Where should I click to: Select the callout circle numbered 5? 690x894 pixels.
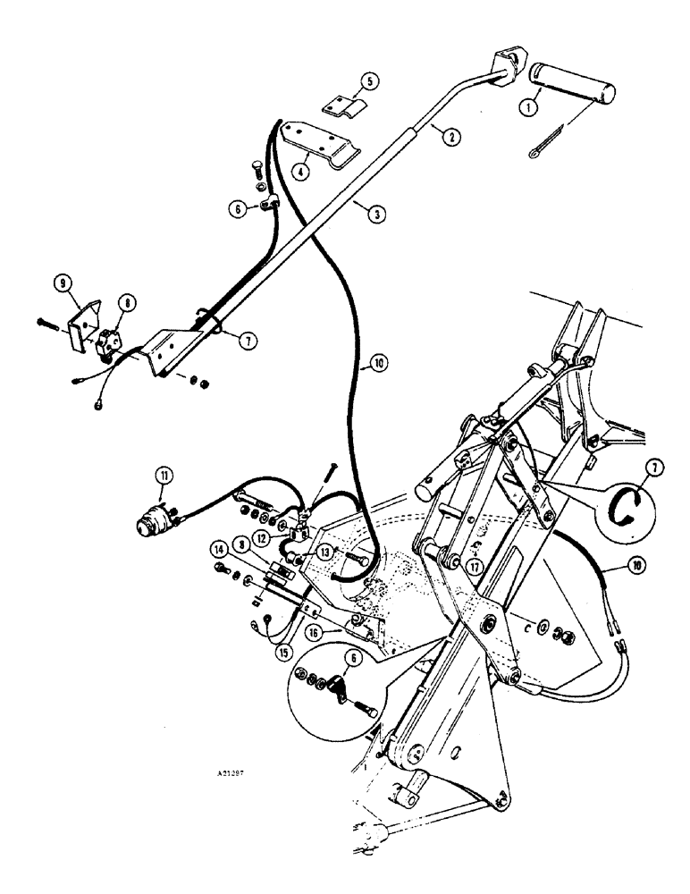click(369, 81)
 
